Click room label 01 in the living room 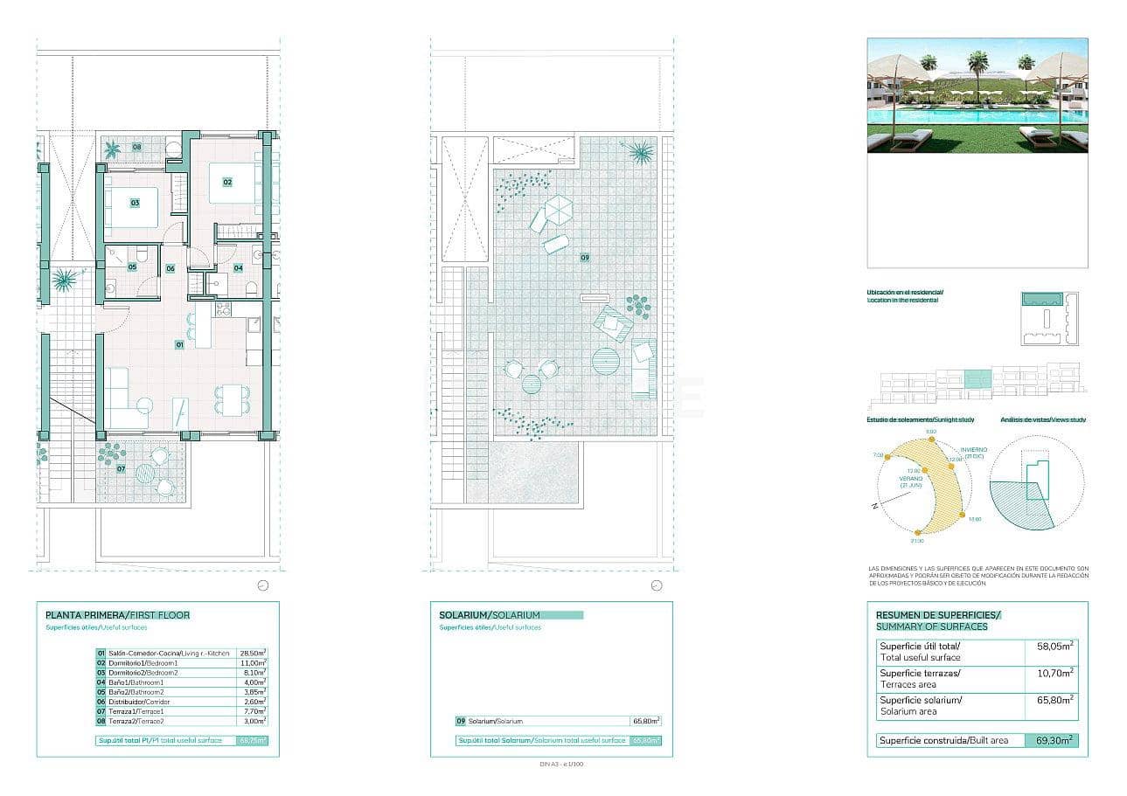tap(179, 345)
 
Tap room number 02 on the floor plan tap(227, 182)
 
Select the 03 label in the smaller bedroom tap(135, 203)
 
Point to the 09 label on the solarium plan tap(584, 258)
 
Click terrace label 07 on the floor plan tap(121, 469)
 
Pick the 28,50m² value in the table tap(253, 653)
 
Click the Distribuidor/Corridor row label tap(139, 702)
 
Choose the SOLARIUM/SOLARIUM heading tap(490, 615)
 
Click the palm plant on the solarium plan tap(641, 152)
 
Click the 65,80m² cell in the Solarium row tap(645, 721)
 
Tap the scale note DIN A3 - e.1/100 tap(562, 765)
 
